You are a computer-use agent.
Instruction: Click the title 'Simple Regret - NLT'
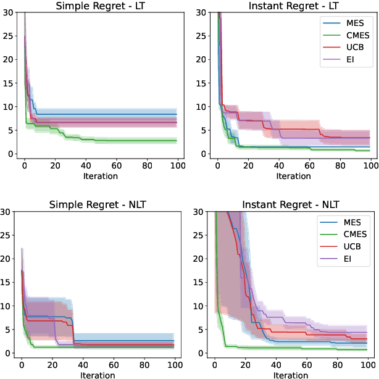pos(99,204)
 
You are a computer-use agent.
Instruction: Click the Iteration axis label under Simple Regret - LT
pos(101,176)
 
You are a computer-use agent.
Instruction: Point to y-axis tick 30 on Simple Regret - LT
pos(9,12)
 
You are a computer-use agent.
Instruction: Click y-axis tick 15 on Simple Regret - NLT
pos(9,282)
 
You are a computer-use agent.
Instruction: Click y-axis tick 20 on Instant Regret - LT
pos(202,59)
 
